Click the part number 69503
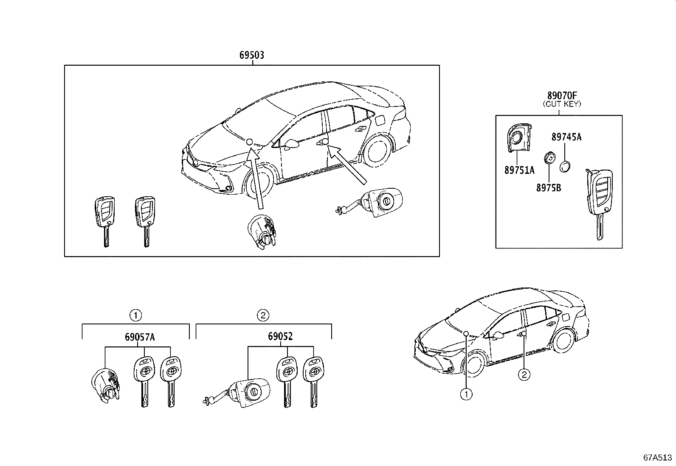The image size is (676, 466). click(x=252, y=55)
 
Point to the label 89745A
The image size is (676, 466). click(x=566, y=137)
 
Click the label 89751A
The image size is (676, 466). click(x=519, y=170)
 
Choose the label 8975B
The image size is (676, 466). click(x=548, y=187)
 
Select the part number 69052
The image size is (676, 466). click(x=280, y=337)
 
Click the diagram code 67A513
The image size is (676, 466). click(x=657, y=458)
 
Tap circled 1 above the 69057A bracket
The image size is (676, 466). click(x=135, y=315)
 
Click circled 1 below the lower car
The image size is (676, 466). click(x=467, y=395)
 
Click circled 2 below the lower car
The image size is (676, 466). click(x=524, y=374)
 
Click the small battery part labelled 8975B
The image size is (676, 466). click(x=549, y=159)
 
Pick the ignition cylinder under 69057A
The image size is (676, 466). click(x=106, y=385)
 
